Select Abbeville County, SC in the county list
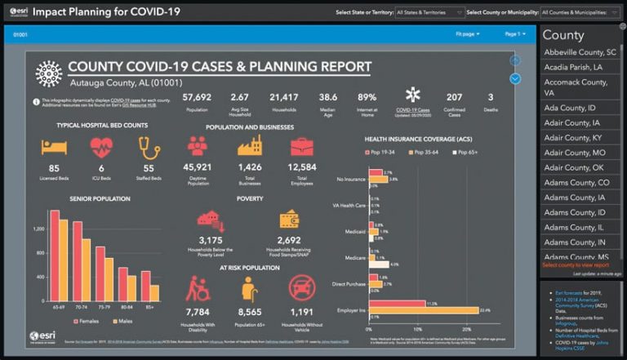(579, 52)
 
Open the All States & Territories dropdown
(427, 13)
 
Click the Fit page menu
(467, 34)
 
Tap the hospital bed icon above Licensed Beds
(54, 147)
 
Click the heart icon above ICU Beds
(101, 147)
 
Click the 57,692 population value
(197, 97)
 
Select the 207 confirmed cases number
(454, 97)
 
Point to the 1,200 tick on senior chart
(38, 229)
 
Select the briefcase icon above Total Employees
(301, 147)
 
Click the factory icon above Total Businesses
(249, 147)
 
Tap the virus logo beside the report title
(48, 73)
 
